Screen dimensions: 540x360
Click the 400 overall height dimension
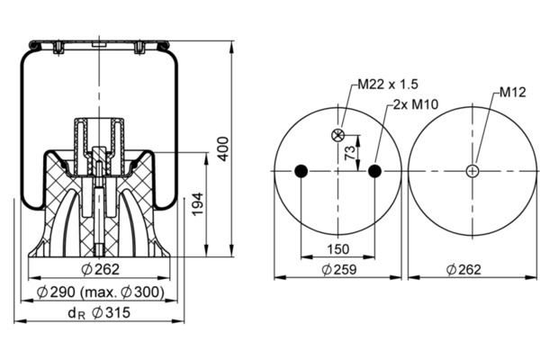223,148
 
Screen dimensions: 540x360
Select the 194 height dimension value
198,204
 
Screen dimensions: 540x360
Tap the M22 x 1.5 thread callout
388,84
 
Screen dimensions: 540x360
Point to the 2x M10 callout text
416,104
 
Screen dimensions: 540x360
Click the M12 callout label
513,92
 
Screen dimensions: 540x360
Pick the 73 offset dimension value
349,153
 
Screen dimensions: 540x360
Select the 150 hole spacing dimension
337,248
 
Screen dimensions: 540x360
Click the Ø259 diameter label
339,269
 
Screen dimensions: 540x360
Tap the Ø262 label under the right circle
463,269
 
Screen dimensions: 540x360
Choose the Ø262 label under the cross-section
100,269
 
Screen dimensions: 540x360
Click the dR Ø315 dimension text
99,313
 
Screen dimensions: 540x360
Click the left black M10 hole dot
301,171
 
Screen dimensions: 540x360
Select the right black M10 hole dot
374,171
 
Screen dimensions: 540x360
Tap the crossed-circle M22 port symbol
337,135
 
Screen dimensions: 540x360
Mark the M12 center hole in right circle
472,171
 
